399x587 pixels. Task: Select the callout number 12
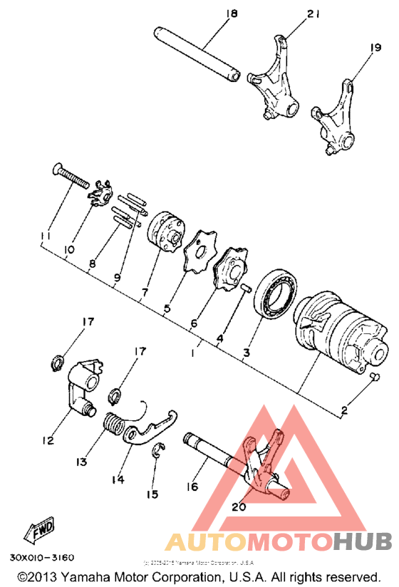pyautogui.click(x=48, y=441)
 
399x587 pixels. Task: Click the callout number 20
pyautogui.click(x=238, y=508)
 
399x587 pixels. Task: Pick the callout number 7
pyautogui.click(x=145, y=292)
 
